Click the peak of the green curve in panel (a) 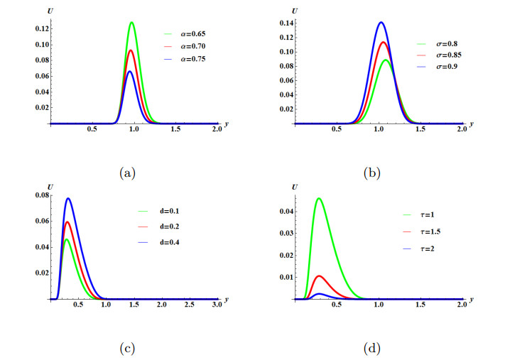(x=131, y=23)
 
